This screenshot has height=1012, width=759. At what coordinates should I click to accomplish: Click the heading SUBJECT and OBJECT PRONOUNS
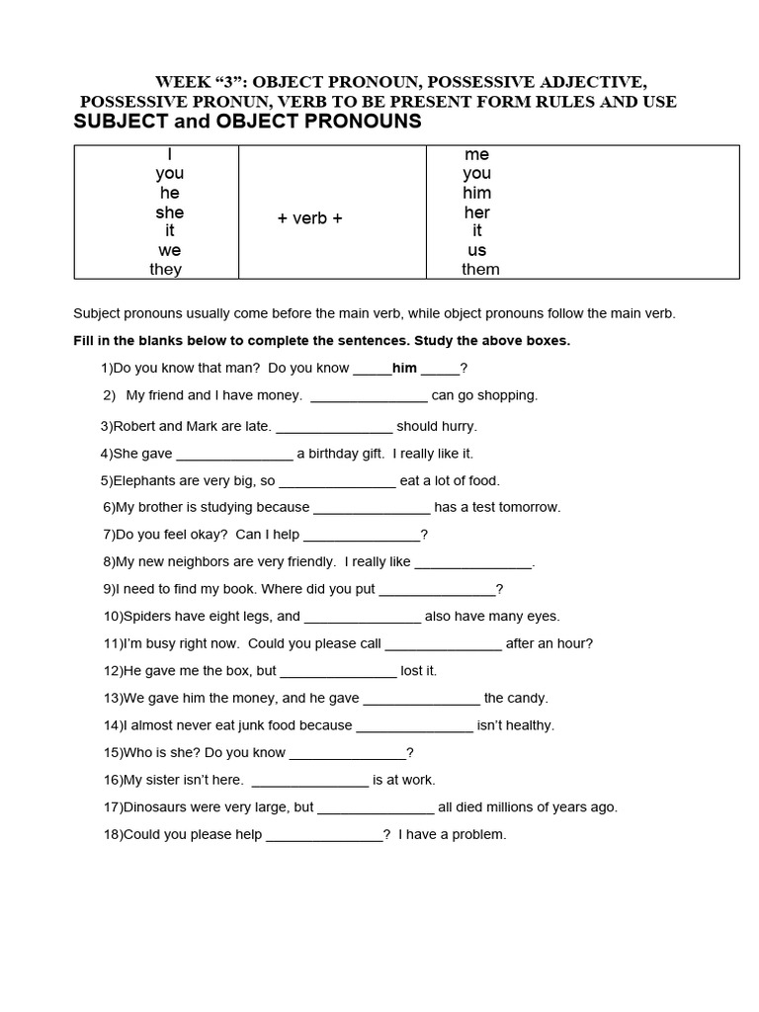point(247,122)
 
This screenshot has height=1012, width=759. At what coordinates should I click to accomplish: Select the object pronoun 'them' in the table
point(480,270)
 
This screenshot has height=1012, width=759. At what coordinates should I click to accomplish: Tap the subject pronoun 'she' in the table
point(169,212)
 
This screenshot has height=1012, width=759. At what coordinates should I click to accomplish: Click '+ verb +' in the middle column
point(310,218)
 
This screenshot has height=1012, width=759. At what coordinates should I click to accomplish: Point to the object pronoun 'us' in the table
point(477,250)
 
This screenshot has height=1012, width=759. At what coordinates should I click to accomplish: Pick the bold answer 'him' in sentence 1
point(405,369)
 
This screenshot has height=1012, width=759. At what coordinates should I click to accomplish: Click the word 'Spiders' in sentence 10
point(146,617)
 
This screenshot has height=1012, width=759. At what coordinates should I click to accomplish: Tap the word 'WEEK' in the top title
point(179,81)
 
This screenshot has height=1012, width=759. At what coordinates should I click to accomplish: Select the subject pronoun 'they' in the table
point(166,270)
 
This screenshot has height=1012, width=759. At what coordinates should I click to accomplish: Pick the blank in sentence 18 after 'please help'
point(324,836)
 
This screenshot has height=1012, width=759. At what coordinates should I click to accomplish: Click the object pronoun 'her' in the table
point(476,212)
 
